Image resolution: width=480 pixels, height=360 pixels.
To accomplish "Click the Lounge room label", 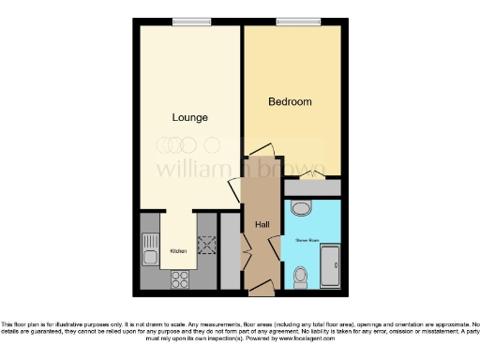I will pyautogui.click(x=190, y=117).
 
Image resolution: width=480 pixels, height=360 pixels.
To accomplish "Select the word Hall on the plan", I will pyautogui.click(x=262, y=224).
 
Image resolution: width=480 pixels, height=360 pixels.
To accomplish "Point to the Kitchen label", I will pyautogui.click(x=177, y=251).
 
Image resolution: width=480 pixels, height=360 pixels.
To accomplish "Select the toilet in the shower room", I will pyautogui.click(x=300, y=276).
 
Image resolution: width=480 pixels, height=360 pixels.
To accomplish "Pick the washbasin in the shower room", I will pyautogui.click(x=301, y=209).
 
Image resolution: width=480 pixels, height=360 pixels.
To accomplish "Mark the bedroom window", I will pyautogui.click(x=291, y=22).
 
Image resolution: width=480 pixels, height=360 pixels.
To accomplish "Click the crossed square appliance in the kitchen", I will pyautogui.click(x=205, y=246).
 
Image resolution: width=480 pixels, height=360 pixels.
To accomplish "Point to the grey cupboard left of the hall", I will pyautogui.click(x=229, y=251).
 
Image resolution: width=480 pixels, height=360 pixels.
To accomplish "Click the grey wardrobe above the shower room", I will pyautogui.click(x=312, y=187).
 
